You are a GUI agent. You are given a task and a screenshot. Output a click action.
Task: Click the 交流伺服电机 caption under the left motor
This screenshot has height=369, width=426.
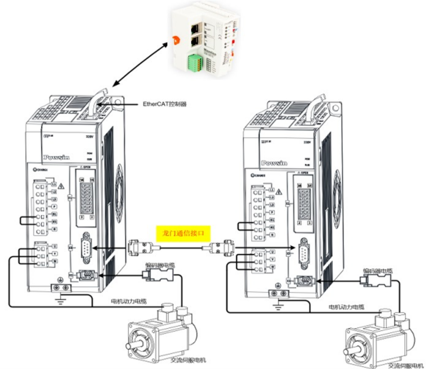point(188,359)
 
